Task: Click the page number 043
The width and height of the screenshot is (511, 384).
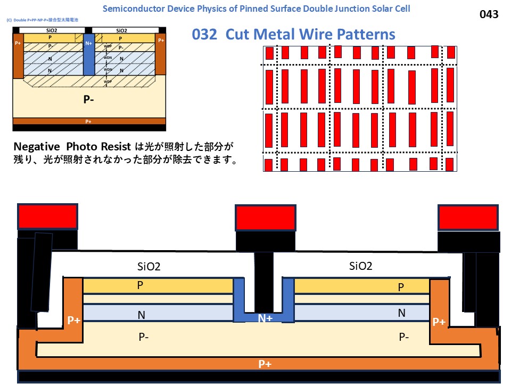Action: coord(489,14)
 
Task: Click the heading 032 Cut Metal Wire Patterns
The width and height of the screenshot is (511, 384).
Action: coord(293,35)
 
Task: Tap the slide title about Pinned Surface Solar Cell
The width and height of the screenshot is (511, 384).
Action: coord(256,9)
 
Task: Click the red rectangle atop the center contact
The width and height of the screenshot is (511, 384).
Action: coord(265,218)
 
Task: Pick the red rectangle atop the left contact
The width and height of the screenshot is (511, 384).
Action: coord(48,216)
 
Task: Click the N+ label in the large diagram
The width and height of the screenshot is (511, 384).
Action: coord(265,318)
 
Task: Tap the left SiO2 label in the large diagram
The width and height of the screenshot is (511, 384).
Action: coord(149,266)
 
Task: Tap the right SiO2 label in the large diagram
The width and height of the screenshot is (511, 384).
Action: coord(361,266)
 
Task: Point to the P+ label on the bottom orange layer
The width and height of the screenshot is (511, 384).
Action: coord(265,364)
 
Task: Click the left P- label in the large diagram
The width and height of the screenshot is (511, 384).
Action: coord(143,337)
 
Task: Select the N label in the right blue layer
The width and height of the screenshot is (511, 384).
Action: coord(402,313)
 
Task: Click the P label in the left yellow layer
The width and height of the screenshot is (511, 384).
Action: coord(140,285)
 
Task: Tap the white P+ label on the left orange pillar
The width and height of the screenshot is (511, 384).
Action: coord(73,321)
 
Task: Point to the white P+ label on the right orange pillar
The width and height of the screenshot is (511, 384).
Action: coord(439,322)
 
